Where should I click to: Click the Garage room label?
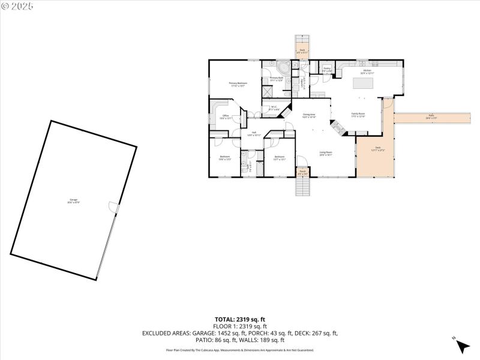pyautogui.click(x=73, y=200)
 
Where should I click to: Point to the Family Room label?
pyautogui.click(x=358, y=115)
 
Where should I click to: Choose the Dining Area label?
pyautogui.click(x=309, y=115)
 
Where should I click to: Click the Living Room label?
pyautogui.click(x=326, y=153)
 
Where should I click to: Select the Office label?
pyautogui.click(x=226, y=117)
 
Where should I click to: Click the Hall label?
pyautogui.click(x=254, y=133)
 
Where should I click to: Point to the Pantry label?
pyautogui.click(x=327, y=70)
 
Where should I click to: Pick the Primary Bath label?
pyautogui.click(x=276, y=79)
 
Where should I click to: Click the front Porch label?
pyautogui.click(x=302, y=173)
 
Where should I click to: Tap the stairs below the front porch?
pyautogui.click(x=303, y=187)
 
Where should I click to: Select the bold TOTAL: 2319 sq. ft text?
pyautogui.click(x=240, y=319)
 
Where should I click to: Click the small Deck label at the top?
pyautogui.click(x=302, y=51)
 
